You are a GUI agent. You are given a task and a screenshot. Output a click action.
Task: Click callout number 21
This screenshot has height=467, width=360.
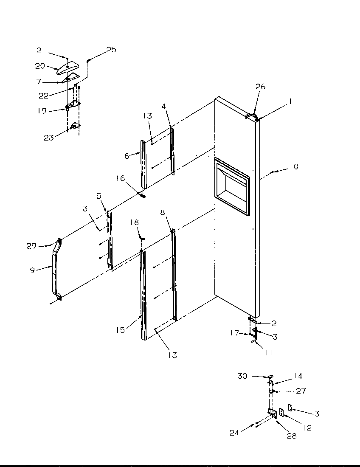click(41, 51)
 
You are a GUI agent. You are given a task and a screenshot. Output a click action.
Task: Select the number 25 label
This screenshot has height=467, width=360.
click(111, 50)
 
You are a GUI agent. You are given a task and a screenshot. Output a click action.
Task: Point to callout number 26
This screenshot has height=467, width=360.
click(260, 87)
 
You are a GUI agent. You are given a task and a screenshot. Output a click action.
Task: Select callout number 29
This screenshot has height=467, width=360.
click(31, 245)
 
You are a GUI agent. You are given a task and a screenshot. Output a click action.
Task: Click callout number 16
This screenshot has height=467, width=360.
click(121, 178)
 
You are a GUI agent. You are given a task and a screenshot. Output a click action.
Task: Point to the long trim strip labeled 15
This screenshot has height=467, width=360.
click(142, 293)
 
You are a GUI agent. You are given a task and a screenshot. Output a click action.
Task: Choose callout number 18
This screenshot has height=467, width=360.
click(134, 222)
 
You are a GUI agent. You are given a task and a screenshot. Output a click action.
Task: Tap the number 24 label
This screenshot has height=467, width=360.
click(234, 433)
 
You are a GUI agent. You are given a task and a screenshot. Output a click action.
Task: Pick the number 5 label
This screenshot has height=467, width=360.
click(99, 196)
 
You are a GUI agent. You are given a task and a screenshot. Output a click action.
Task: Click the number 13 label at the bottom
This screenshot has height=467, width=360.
click(172, 355)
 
